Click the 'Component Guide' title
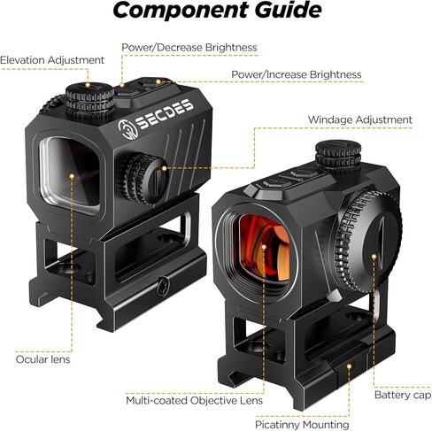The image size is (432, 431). coord(217,11)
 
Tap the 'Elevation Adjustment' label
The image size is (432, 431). coord(52,60)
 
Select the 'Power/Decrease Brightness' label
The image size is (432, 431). coord(189,48)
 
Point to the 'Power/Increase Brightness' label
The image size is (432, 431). coord(297,74)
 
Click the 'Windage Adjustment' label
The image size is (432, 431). coord(359,119)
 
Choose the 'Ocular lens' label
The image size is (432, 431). coord(42,359)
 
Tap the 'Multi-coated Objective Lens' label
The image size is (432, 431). coord(194,400)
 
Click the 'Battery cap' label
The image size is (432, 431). coord(403,395)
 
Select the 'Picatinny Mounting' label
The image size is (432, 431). coord(302,425)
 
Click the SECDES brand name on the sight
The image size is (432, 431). coord(165,114)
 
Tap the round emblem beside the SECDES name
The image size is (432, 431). coord(127,129)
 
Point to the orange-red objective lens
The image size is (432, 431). coord(264,248)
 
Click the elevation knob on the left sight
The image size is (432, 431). coord(89,101)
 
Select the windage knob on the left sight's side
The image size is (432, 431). coord(143,179)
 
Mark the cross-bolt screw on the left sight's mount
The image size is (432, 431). coord(163,286)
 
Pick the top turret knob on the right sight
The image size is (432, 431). coord(338,157)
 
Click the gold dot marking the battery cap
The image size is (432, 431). coord(374,257)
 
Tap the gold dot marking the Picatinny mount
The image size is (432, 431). coord(349,366)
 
